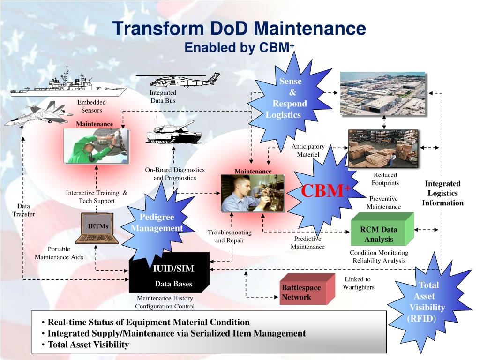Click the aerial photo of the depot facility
coord(382,94)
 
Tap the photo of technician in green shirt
coord(96,146)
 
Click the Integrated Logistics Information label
coord(442,193)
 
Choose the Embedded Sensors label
coord(91,106)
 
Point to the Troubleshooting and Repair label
coord(230,236)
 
